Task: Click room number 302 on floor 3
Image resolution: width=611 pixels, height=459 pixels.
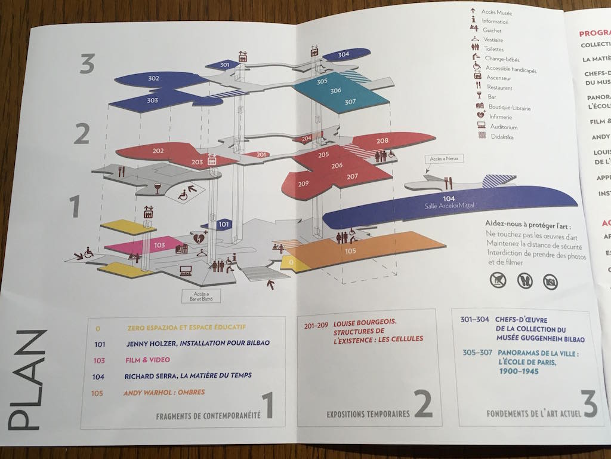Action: coord(137,78)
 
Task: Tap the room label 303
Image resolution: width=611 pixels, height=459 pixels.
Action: coord(153,100)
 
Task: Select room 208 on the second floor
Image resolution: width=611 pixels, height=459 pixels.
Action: coord(382,140)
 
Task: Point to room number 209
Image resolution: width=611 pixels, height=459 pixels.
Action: coord(303,183)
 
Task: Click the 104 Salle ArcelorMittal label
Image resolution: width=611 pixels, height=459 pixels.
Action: coord(449,201)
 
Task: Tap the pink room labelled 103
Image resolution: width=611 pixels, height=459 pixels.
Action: coord(159,244)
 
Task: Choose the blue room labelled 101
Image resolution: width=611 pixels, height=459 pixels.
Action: coord(224,224)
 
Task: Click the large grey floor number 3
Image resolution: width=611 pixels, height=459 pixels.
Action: coord(87,63)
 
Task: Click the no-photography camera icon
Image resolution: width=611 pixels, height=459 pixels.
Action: coord(550,281)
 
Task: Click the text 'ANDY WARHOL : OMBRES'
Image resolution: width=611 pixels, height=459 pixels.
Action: coord(164,392)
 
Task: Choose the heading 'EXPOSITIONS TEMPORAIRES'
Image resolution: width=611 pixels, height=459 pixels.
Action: coord(368,414)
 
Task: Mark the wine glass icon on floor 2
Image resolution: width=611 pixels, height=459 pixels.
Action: coord(158,189)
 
